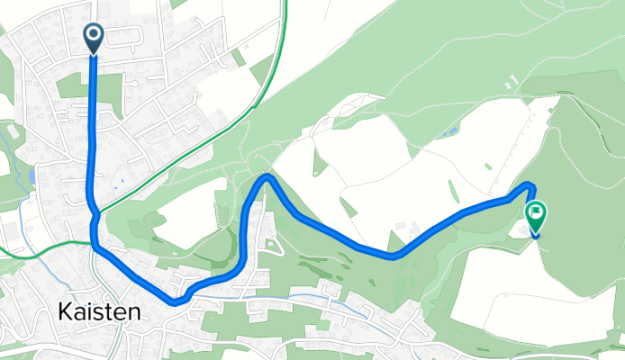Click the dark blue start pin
[x=93, y=38]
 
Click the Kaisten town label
[x=99, y=312]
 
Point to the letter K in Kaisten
[x=66, y=312]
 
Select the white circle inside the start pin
[x=93, y=34]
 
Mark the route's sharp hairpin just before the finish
[x=530, y=185]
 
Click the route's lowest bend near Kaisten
[x=177, y=301]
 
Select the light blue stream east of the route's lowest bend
[x=270, y=298]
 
